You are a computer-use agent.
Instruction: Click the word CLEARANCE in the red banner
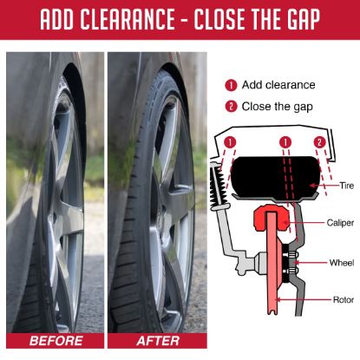coord(127,19)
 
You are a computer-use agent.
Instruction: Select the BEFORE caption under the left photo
coord(56,341)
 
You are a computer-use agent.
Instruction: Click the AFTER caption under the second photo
coord(158,341)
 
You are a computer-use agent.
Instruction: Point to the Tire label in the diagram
coord(346,185)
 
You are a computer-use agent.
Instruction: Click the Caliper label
coord(340,222)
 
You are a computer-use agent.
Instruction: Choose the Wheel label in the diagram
coord(342,263)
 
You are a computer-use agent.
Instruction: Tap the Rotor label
coord(344,299)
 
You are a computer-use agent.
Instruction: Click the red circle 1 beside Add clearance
coord(231,85)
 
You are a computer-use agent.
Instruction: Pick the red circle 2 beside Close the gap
coord(231,107)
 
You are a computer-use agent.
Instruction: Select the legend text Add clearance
coord(278,85)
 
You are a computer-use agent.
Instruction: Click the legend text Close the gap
coord(278,107)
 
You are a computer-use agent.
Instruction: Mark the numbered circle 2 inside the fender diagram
coord(319,142)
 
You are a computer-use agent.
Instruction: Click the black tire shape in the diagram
coord(275,177)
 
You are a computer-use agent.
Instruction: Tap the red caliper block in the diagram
coord(271,218)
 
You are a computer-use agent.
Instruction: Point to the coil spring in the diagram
coord(218,185)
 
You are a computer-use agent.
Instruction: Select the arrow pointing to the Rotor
coord(303,299)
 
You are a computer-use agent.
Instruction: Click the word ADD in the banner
coord(57,19)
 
